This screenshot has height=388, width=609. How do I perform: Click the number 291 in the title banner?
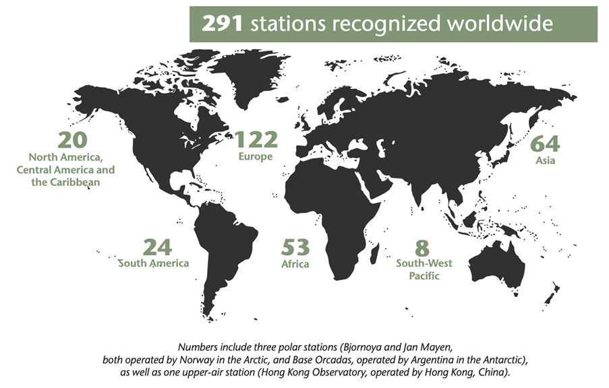(x=223, y=24)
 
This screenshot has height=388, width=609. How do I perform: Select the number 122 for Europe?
(x=256, y=139)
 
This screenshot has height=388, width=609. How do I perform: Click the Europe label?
(x=255, y=156)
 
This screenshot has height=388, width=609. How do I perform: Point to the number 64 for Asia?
(x=546, y=144)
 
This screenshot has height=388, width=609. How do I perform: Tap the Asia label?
(x=546, y=161)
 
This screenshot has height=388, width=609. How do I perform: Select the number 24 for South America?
(x=156, y=247)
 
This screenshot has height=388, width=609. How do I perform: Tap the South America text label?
(x=154, y=263)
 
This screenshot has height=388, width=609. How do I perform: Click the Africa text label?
(x=295, y=264)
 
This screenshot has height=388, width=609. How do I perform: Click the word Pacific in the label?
(x=424, y=276)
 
